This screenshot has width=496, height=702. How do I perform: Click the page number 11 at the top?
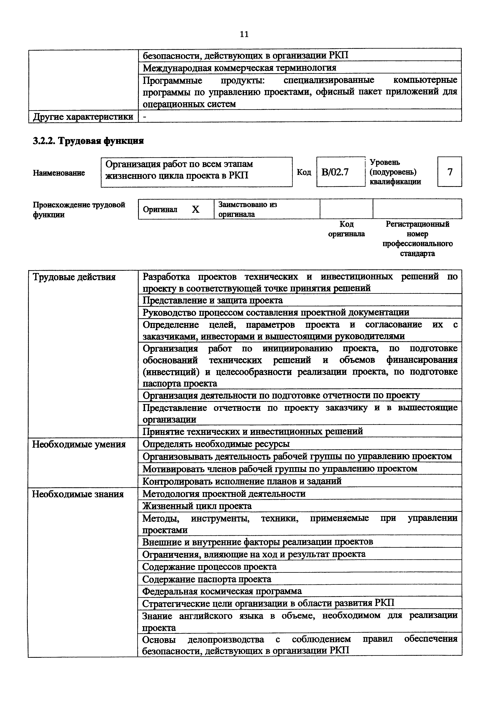point(244,34)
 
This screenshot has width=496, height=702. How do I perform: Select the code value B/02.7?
point(335,172)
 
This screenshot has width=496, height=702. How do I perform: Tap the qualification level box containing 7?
point(450,172)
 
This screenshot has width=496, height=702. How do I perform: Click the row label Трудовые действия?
point(74,277)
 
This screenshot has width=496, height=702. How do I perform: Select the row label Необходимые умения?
point(79,444)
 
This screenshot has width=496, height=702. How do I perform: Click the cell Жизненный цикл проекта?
point(197,506)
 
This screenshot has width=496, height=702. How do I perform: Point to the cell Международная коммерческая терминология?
point(239,68)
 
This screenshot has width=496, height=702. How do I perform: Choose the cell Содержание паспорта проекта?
point(207,579)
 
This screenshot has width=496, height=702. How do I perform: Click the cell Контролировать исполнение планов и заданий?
point(242,481)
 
